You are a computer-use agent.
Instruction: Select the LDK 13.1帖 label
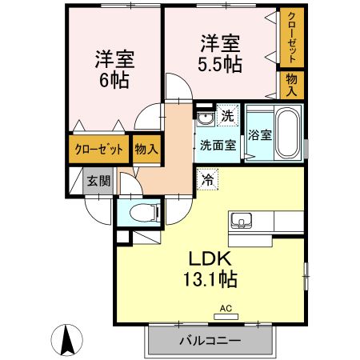pyautogui.click(x=211, y=269)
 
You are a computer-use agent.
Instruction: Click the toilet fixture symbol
pyautogui.click(x=142, y=213)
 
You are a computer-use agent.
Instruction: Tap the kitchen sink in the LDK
pyautogui.click(x=241, y=220)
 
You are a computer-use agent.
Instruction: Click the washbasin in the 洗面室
pyautogui.click(x=204, y=121)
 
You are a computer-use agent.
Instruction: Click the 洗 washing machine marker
pyautogui.click(x=227, y=114)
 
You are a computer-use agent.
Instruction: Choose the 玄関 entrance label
pyautogui.click(x=98, y=178)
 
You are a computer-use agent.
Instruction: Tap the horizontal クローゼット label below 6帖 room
pyautogui.click(x=99, y=149)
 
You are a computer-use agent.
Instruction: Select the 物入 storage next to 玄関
pyautogui.click(x=146, y=149)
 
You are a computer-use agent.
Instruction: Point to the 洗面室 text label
pyautogui.click(x=217, y=145)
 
